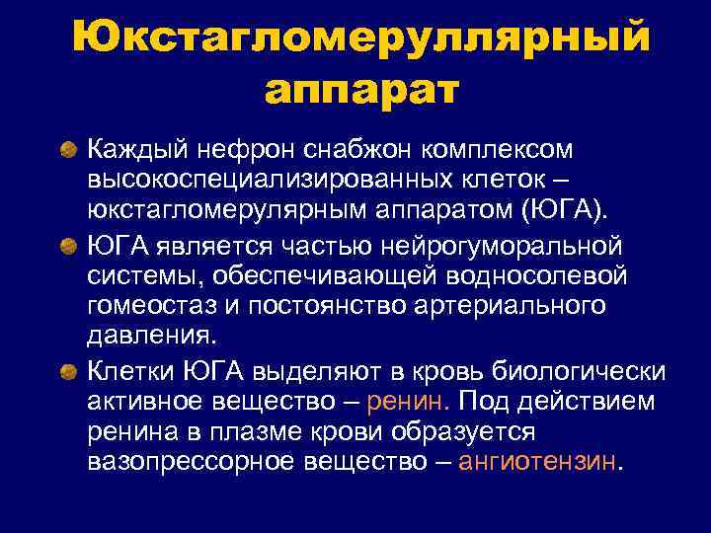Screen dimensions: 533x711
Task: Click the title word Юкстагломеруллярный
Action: coord(360,38)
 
